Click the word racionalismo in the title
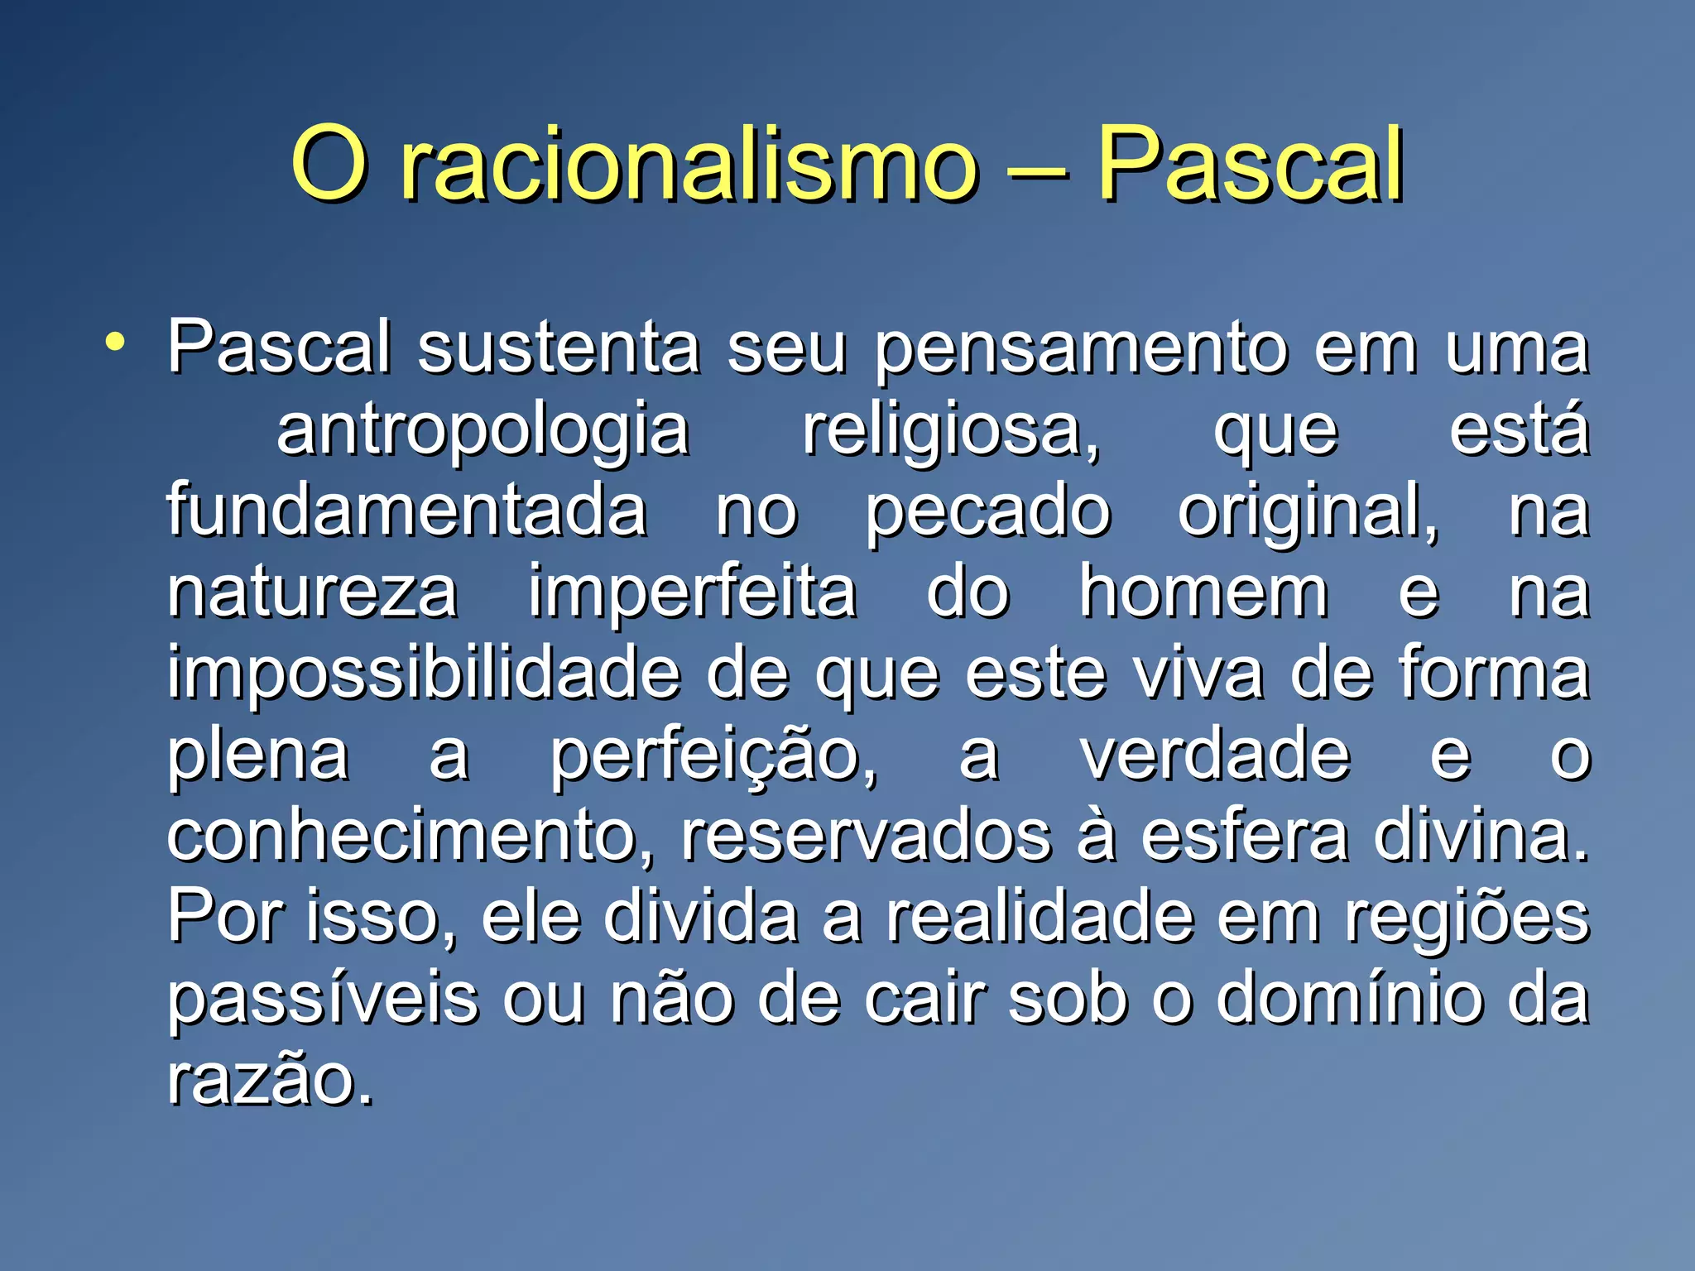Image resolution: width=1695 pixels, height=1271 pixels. point(687,165)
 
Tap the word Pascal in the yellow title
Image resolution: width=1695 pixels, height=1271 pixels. point(1250,165)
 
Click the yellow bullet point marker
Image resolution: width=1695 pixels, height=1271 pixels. point(115,341)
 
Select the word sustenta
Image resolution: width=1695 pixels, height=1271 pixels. point(559,348)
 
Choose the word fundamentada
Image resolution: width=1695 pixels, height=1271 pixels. point(406,511)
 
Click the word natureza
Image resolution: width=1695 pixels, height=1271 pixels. point(312,592)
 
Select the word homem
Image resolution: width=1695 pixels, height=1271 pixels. point(1203,592)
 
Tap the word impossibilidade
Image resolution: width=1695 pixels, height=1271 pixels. point(424,674)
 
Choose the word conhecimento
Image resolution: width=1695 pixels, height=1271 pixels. point(409,836)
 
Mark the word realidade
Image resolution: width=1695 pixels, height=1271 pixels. point(1041,917)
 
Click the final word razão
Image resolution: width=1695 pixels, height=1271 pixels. point(270,1079)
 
